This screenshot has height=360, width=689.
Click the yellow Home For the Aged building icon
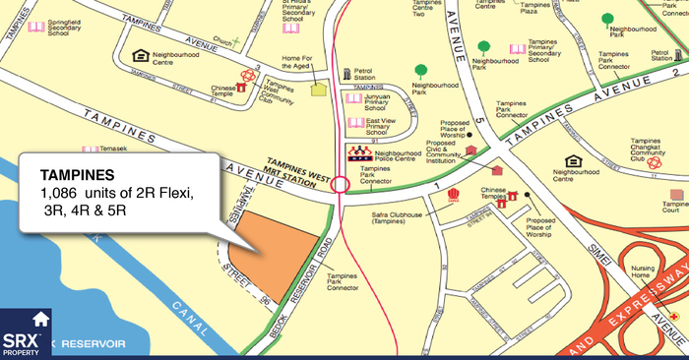point(318,89)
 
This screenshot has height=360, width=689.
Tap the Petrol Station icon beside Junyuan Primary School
point(344,74)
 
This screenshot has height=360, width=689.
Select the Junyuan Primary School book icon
point(354,98)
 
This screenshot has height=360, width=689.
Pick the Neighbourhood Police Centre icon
point(359,153)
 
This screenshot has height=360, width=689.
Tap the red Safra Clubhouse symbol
point(454,194)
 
